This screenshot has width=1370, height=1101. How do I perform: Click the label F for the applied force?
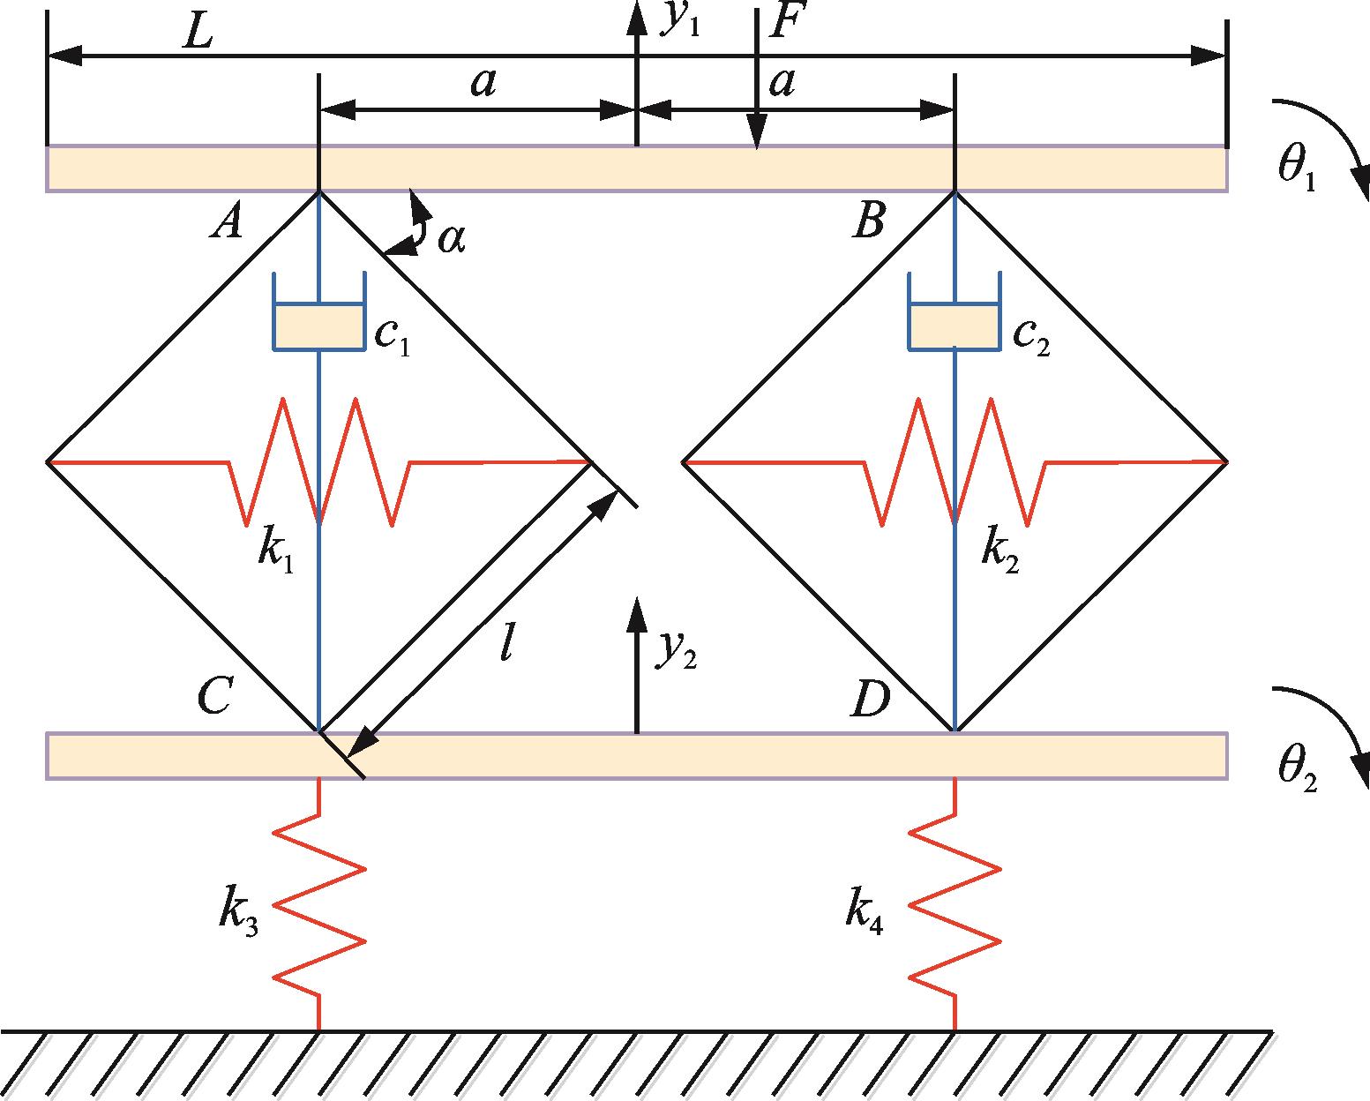pos(788,20)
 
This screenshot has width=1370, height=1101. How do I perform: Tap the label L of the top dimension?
pos(198,31)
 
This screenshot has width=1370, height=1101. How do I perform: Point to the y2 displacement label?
pos(676,650)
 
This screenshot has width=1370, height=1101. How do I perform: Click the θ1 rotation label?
pos(1297,168)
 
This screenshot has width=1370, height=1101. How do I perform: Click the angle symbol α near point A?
pos(451,240)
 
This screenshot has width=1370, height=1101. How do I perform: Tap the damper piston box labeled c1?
pos(319,327)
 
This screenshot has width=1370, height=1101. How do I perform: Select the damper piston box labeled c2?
pos(954,327)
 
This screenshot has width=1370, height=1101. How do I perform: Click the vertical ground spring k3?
pos(319,905)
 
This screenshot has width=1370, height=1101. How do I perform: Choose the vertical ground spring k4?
pos(954,905)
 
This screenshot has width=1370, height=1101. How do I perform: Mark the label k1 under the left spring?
pos(275,553)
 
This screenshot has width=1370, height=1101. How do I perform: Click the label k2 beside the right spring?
pos(1000,553)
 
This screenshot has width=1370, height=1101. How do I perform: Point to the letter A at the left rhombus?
pos(227,222)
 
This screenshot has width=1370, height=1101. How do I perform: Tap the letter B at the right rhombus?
pos(869,221)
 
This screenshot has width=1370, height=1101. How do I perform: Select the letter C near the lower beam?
pos(215,696)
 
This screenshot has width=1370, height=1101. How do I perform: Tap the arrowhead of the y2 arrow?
pos(636,614)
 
